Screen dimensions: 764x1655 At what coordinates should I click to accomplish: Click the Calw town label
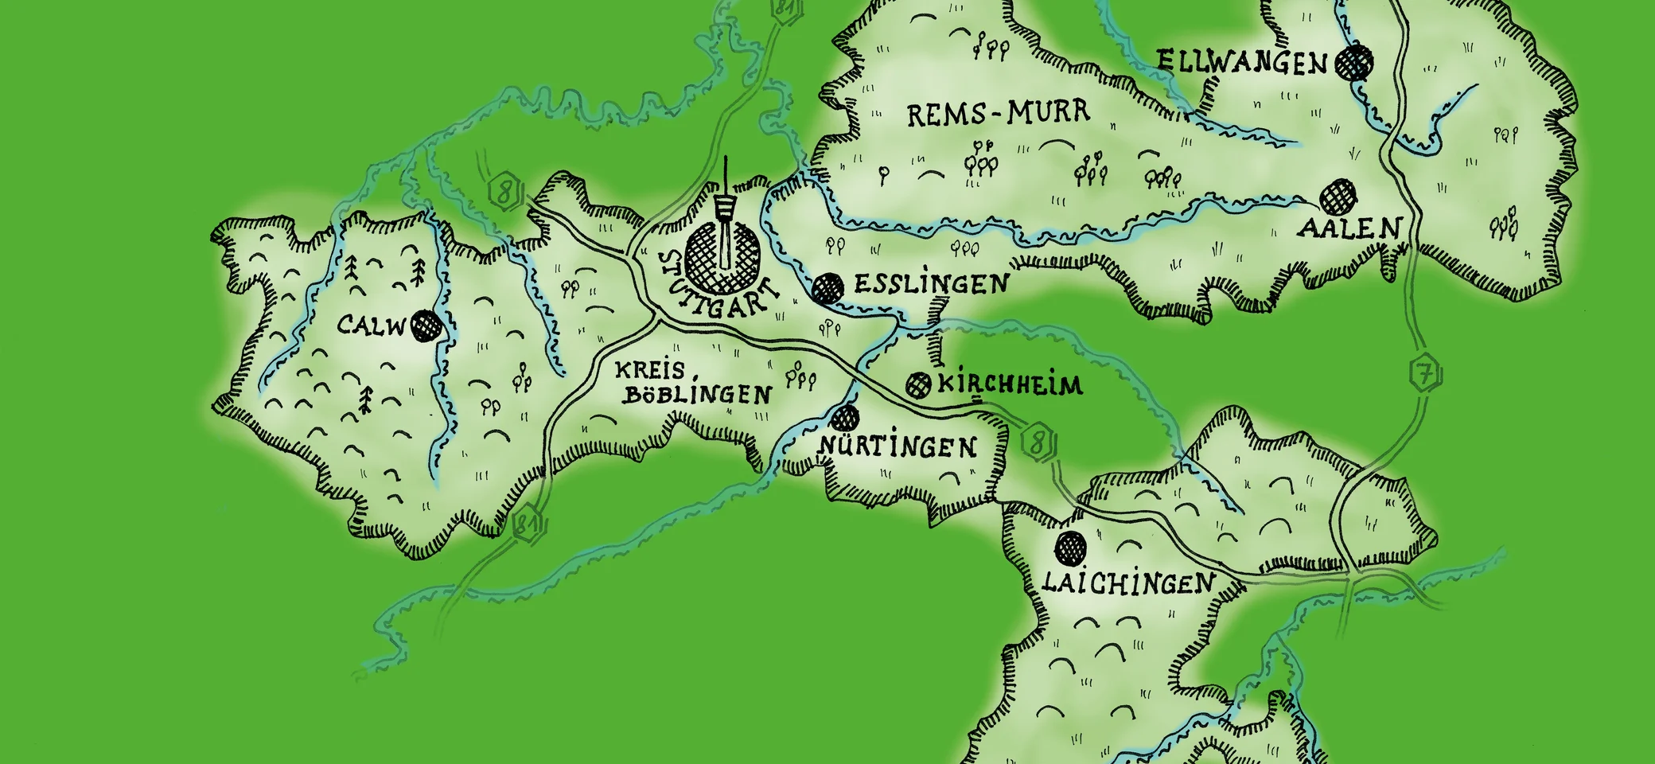coord(372,325)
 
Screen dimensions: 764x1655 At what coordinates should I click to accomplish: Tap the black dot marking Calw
coord(426,325)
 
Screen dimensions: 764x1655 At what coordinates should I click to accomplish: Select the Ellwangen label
coord(1242,62)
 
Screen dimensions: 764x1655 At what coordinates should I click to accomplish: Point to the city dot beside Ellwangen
coord(1354,62)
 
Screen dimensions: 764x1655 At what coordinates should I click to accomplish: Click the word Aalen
coord(1349,229)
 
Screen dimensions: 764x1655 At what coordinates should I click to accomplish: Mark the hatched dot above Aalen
coord(1338,196)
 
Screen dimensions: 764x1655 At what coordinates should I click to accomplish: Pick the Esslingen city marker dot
coord(827,287)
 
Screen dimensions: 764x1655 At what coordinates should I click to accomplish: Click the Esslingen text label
coord(931,284)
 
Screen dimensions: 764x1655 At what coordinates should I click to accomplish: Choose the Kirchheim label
coord(1011,385)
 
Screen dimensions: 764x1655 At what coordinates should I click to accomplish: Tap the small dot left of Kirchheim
coord(918,385)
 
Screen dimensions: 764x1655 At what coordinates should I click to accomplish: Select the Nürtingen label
coord(898,446)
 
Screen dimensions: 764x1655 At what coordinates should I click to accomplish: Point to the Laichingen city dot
coord(1070,547)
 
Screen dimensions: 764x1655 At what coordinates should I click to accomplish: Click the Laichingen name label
coord(1128,583)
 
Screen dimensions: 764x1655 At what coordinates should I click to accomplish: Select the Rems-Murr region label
coord(999,114)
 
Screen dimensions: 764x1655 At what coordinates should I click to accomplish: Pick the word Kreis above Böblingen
coord(649,370)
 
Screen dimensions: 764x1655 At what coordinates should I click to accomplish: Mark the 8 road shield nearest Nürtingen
coord(1037,441)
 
